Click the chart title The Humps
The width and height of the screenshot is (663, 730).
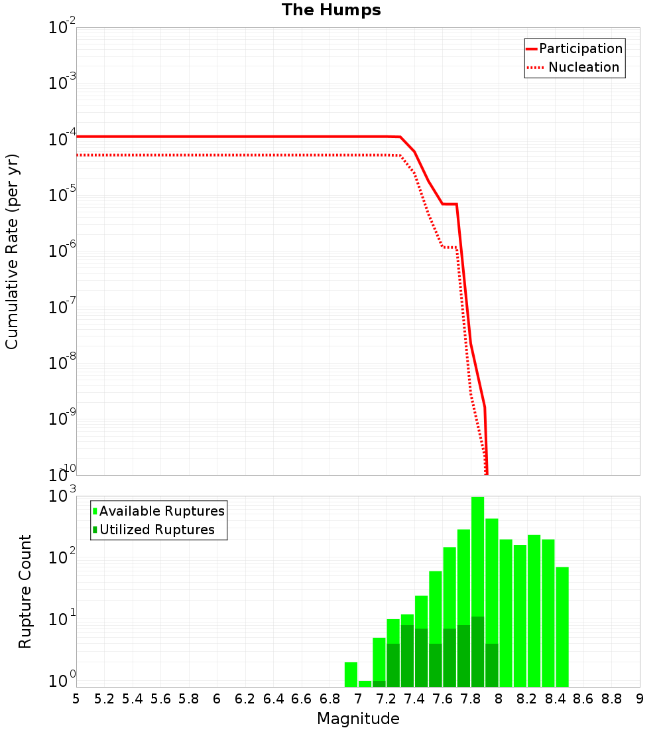(331, 10)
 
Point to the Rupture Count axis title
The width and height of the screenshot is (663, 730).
(25, 591)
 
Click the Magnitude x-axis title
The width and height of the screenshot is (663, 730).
(358, 719)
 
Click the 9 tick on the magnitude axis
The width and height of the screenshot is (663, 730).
(640, 699)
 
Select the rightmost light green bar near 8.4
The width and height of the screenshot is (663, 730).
(562, 626)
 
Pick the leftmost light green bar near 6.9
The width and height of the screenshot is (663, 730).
(351, 674)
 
